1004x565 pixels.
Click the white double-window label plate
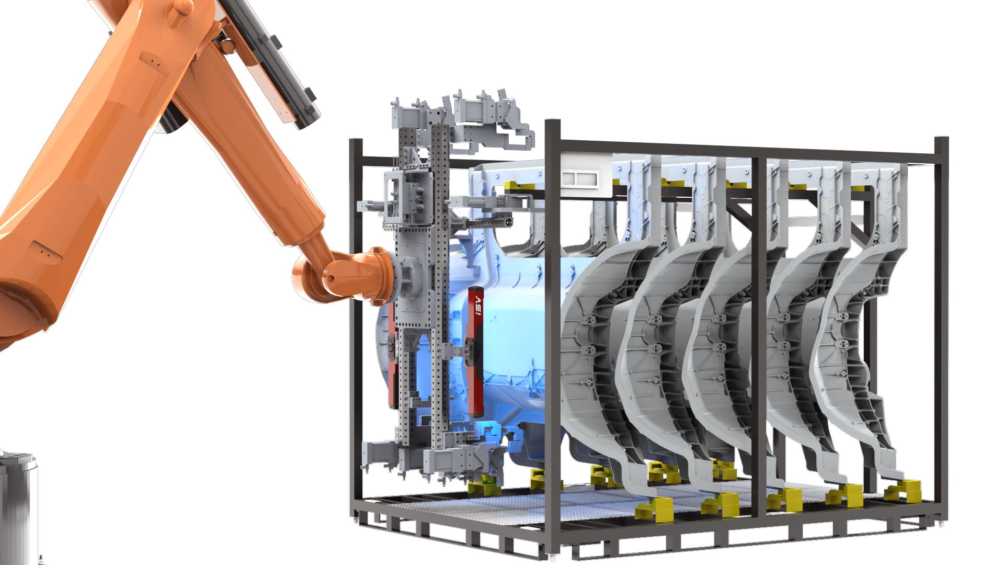click(580, 178)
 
